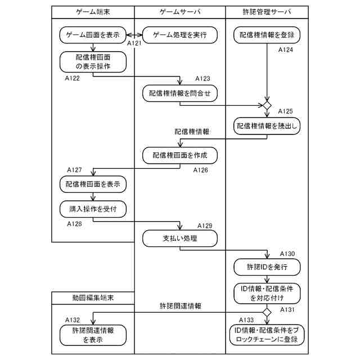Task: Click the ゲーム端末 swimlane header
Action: [93, 11]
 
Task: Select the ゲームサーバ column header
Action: [179, 11]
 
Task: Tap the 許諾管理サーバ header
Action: [267, 11]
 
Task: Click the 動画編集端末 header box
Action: [93, 297]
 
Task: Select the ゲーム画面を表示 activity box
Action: [93, 35]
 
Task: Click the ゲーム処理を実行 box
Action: [180, 35]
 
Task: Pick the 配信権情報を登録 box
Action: [267, 35]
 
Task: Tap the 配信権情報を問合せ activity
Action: [180, 93]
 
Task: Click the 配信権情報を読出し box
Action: [267, 126]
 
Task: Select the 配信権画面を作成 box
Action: [180, 155]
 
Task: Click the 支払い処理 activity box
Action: [180, 238]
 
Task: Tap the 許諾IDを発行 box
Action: [267, 266]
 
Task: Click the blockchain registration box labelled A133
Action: [267, 335]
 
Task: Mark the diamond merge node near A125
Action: [267, 105]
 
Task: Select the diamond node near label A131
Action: [267, 311]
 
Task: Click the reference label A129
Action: [205, 226]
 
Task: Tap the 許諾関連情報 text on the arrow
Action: [180, 306]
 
